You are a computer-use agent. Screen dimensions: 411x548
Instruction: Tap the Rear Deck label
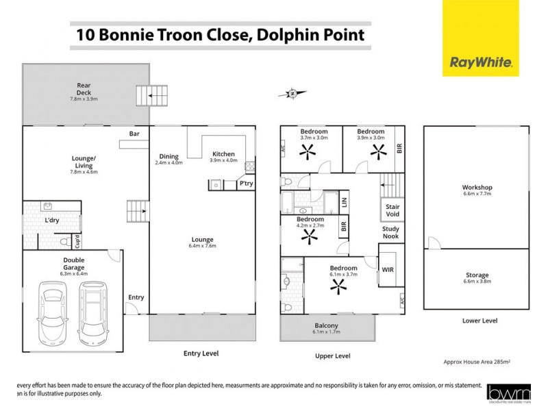[x=84, y=90]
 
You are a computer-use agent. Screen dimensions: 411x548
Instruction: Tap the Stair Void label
[x=393, y=210]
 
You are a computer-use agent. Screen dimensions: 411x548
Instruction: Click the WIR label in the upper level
[x=388, y=270]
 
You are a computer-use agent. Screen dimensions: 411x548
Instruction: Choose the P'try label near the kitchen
[x=245, y=184]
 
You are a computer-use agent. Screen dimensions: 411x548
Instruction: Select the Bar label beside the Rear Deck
[x=135, y=134]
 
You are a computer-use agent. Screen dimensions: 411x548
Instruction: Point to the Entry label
[x=136, y=297]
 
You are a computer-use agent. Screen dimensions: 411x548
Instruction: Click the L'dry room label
[x=51, y=221]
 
